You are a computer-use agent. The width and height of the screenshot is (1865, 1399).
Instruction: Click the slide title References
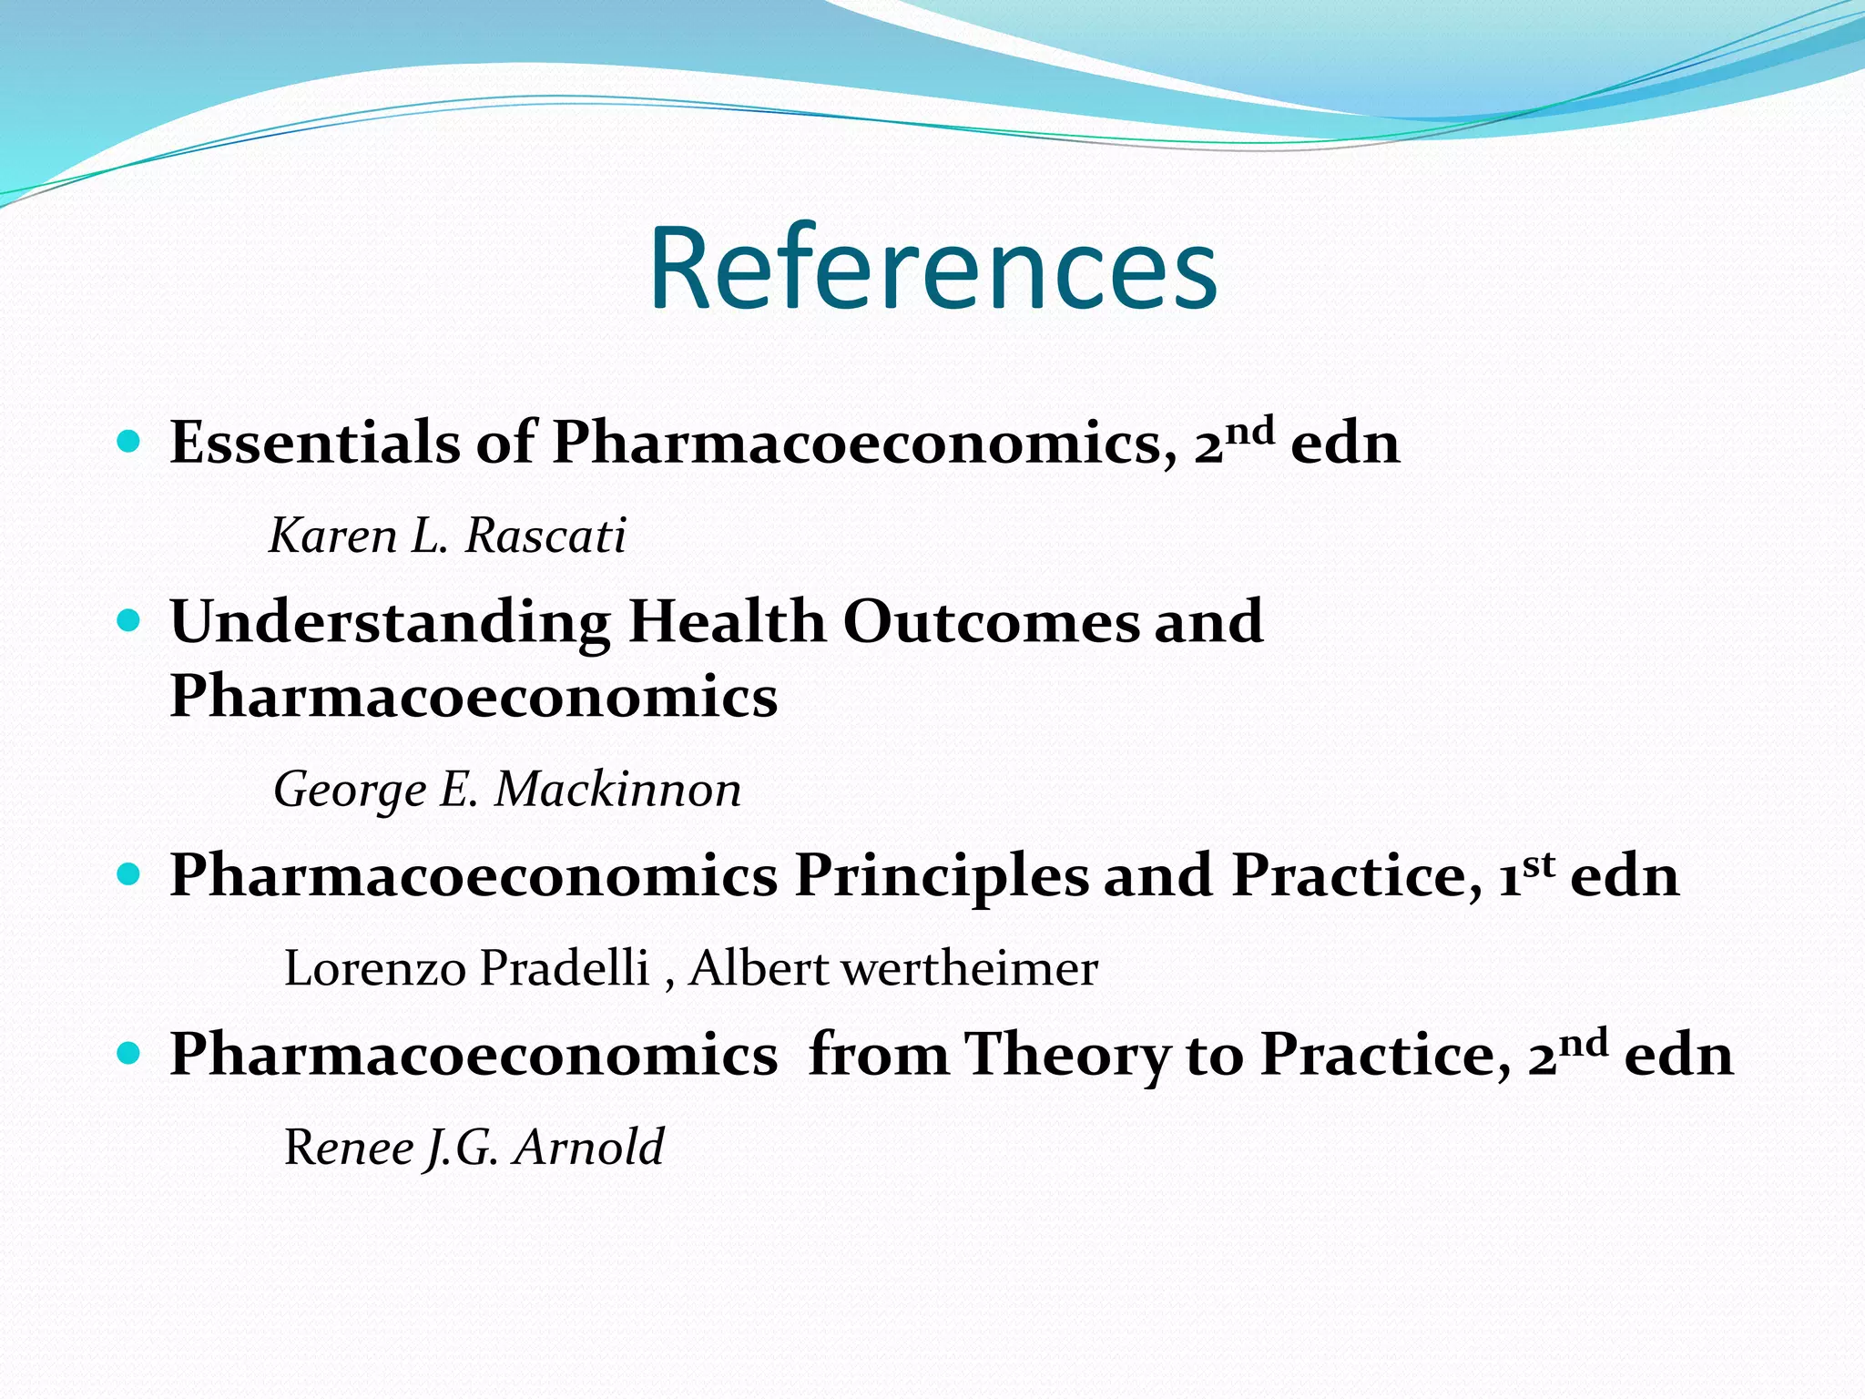[x=932, y=270]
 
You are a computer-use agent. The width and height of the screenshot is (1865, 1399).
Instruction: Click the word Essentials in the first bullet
[x=315, y=443]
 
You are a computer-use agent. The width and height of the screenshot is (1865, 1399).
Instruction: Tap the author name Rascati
[x=545, y=536]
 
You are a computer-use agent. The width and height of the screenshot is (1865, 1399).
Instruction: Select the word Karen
[x=333, y=536]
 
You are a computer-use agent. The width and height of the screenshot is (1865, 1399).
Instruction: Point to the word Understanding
[x=390, y=623]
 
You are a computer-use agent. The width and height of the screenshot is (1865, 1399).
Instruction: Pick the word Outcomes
[x=991, y=621]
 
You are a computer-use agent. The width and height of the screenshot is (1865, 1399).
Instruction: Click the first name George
[x=350, y=791]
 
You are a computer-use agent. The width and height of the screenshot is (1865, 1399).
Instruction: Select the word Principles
[x=941, y=876]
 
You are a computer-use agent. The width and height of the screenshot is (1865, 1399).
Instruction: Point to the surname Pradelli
[x=564, y=967]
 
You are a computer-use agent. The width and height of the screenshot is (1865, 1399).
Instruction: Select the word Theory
[x=1066, y=1055]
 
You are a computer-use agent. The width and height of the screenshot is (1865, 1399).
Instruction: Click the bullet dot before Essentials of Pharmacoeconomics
[x=129, y=444]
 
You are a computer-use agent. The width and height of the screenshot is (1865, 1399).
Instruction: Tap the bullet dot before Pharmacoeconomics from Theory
[x=129, y=1055]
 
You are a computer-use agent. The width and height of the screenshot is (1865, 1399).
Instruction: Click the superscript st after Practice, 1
[x=1538, y=863]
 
